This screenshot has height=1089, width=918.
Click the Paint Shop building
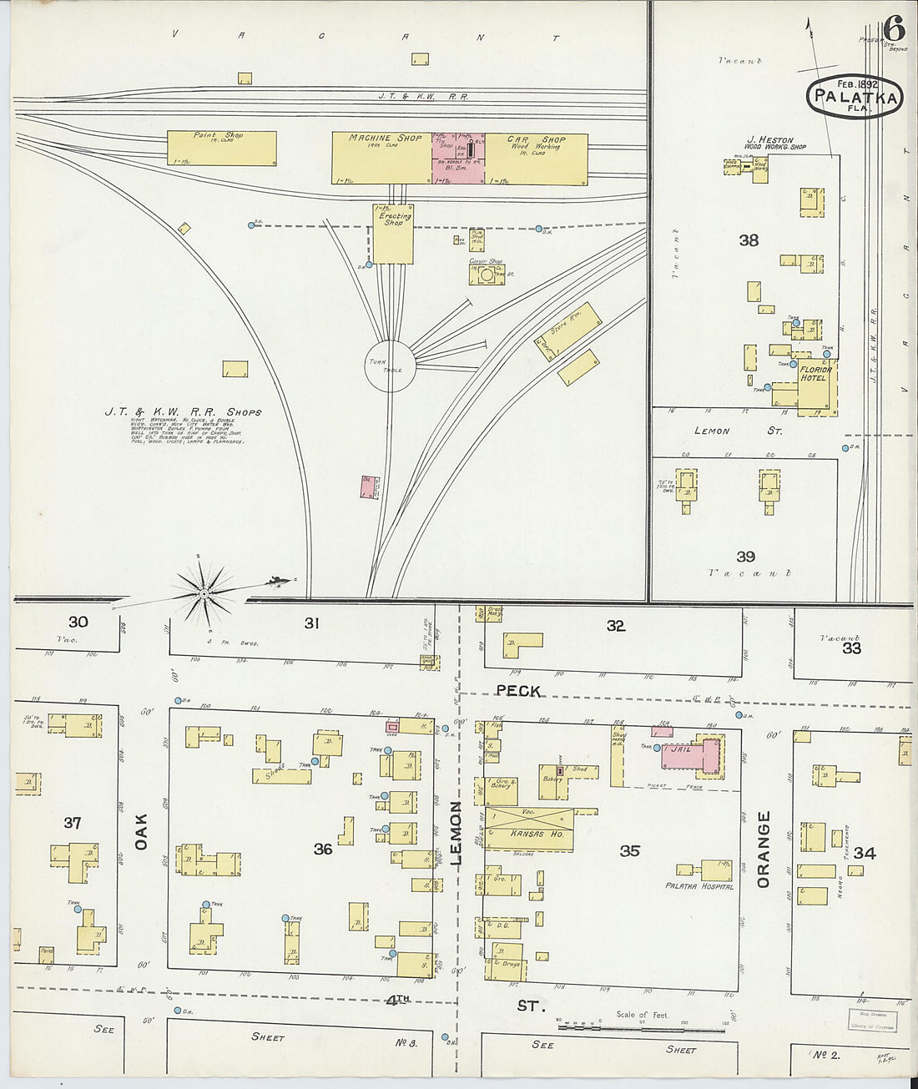tap(221, 148)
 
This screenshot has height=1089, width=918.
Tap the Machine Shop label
tap(385, 139)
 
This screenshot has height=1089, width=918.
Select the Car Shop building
tap(536, 159)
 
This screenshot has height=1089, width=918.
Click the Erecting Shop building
tap(393, 234)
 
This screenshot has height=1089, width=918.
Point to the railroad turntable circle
tap(390, 366)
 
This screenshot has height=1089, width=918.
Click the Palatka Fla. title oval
tap(855, 97)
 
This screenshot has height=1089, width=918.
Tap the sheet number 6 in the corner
tap(894, 28)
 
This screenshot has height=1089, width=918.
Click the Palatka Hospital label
tap(699, 886)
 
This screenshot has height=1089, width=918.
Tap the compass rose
tap(203, 593)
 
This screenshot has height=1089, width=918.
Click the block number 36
tap(323, 849)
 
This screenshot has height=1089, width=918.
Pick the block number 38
tap(749, 240)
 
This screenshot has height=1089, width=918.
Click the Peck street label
tap(518, 691)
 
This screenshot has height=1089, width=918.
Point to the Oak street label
tap(141, 832)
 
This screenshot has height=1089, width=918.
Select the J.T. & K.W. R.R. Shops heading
tap(183, 412)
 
